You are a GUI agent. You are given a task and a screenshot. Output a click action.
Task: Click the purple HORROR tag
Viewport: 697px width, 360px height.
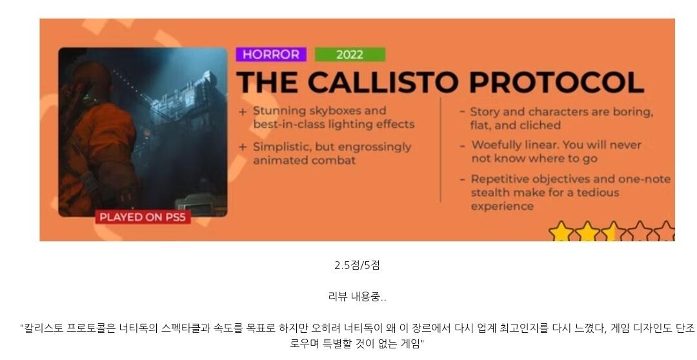point(271,54)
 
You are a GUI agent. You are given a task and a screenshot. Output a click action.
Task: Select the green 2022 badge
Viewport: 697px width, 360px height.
point(350,54)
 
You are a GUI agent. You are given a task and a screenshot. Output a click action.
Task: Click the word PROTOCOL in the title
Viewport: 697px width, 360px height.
point(556,82)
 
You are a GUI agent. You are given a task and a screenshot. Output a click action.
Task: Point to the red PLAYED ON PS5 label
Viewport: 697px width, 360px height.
point(143,217)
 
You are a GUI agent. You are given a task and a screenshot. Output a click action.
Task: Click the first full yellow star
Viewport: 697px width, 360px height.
point(561,232)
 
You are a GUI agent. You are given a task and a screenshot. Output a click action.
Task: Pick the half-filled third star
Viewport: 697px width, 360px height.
point(614,232)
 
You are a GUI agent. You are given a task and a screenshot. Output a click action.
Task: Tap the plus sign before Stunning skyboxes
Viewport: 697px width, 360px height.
point(242,112)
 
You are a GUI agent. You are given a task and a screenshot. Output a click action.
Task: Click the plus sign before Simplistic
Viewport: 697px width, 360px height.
point(242,147)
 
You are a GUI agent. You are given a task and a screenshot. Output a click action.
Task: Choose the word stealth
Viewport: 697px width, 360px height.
point(489,192)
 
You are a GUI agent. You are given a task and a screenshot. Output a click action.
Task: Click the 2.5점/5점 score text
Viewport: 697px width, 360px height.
point(357,265)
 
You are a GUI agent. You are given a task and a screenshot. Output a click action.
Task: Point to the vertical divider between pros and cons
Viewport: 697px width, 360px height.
point(441,150)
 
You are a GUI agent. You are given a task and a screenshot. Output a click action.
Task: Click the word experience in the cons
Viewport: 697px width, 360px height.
point(502,206)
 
